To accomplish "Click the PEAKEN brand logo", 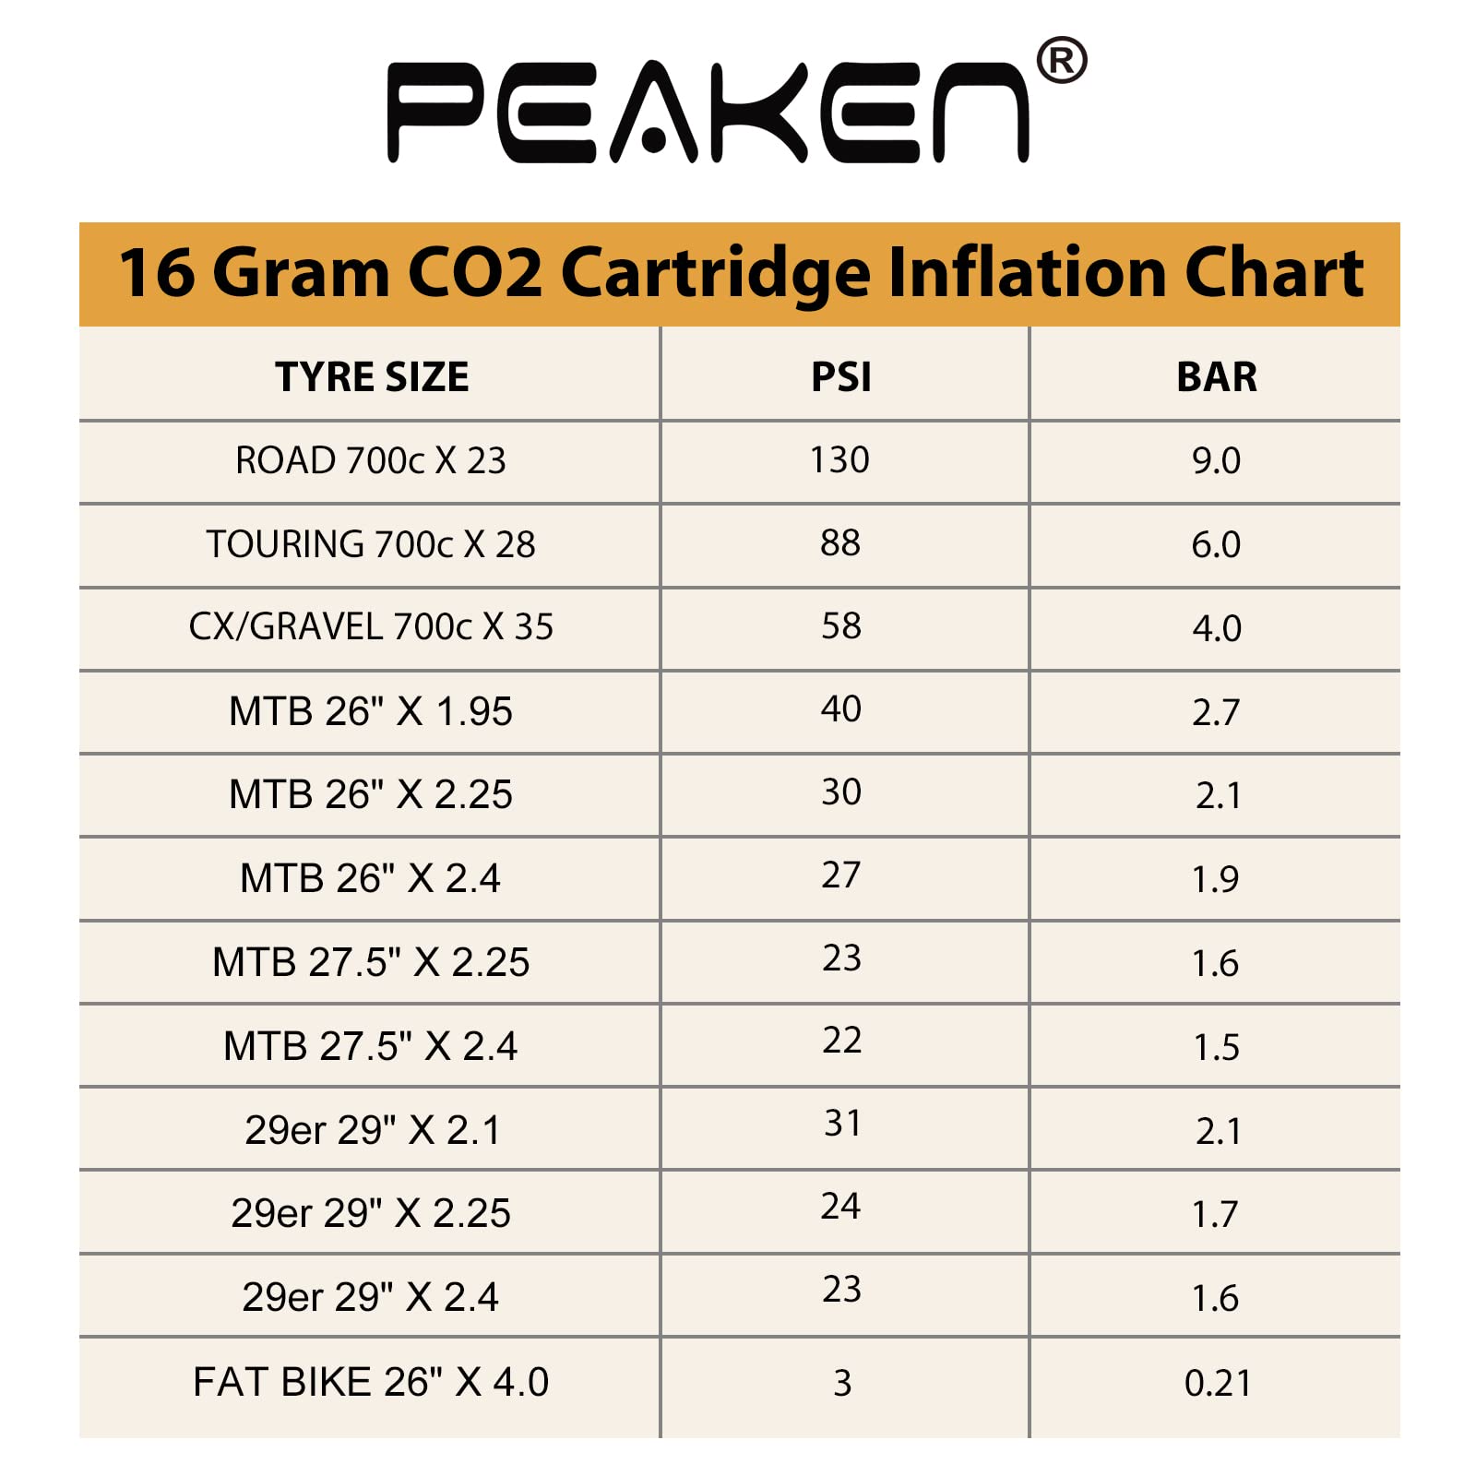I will click(708, 113).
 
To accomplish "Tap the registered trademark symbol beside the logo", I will click(1061, 61).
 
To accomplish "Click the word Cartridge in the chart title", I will click(715, 274).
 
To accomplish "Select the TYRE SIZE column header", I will click(372, 376).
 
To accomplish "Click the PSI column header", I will click(840, 376).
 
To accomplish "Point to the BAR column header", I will click(1216, 376).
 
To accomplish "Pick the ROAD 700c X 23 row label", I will click(371, 460).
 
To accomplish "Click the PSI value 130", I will click(839, 459).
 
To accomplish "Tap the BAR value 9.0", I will click(1216, 460).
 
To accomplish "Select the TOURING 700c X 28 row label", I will click(371, 544).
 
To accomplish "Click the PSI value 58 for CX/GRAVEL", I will click(841, 626).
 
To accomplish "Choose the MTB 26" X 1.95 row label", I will click(371, 711).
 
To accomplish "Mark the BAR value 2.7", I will click(1216, 712).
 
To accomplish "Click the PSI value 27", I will click(841, 875).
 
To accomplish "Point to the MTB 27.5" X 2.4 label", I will click(371, 1046).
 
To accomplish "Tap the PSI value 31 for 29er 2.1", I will click(842, 1124).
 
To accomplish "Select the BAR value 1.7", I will click(1215, 1214).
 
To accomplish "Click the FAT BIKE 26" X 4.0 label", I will click(371, 1382).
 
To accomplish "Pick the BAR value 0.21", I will click(1218, 1383).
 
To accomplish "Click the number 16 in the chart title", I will click(157, 274).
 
